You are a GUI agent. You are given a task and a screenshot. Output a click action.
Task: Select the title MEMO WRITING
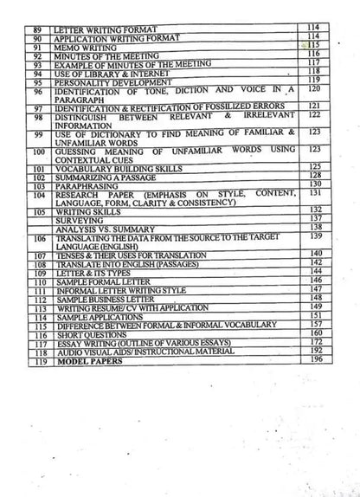click(80, 47)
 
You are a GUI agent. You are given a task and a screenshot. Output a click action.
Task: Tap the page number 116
click(313, 54)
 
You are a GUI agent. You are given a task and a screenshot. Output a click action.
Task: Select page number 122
click(313, 114)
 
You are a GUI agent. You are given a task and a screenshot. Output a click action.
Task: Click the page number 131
click(313, 192)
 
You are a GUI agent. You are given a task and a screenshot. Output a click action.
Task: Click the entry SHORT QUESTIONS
click(87, 333)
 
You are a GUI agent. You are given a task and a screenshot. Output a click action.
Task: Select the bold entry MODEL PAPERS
click(87, 361)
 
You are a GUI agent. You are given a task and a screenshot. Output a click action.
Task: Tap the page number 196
click(315, 360)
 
